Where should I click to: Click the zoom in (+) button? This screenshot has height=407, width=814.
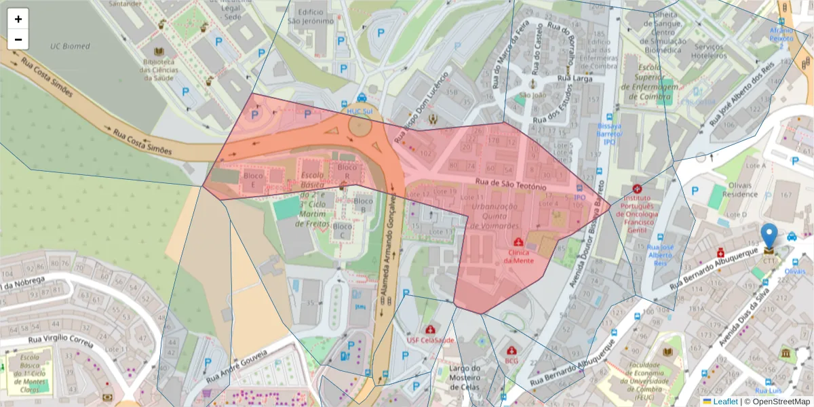pos(18,19)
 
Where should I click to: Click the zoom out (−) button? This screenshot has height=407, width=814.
pos(18,39)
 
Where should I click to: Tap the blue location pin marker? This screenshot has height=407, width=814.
pos(769,237)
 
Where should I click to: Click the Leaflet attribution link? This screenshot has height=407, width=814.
pos(725,402)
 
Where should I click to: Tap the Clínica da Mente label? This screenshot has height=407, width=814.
pos(518,256)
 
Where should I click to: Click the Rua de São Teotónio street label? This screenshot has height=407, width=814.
pos(511,184)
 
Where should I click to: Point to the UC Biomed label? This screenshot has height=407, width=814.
pos(70,46)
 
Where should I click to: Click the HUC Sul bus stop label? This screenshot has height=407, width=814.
pos(361,111)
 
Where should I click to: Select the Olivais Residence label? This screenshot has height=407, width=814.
pos(739,189)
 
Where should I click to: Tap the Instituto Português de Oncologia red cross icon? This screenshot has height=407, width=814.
pos(636,189)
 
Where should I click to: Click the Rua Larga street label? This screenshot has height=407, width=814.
pos(575,79)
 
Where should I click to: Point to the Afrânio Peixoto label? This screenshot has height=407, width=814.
pos(781,35)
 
